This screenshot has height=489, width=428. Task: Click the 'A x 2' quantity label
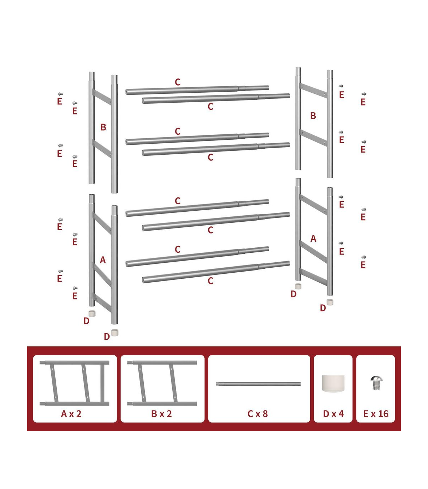(x=71, y=414)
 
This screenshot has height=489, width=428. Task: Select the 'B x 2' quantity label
(x=162, y=414)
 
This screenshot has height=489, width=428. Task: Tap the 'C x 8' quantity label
(x=258, y=414)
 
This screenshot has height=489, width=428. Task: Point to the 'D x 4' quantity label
(x=333, y=414)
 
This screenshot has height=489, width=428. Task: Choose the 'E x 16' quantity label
(x=376, y=414)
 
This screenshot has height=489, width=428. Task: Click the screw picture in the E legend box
(x=376, y=383)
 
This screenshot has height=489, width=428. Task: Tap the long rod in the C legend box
(x=258, y=384)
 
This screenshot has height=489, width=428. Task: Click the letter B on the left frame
(x=103, y=127)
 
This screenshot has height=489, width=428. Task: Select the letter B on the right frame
(x=313, y=116)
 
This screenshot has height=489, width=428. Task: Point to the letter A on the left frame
(x=103, y=260)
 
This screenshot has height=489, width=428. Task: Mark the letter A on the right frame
(x=313, y=238)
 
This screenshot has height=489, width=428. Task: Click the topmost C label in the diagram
(x=177, y=82)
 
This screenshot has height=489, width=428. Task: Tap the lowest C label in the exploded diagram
(x=210, y=281)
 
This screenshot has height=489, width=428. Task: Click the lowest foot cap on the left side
(x=114, y=333)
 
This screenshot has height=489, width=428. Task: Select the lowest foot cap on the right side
(x=330, y=302)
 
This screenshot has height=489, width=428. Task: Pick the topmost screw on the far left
(x=61, y=94)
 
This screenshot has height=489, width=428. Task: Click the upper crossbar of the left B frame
(x=102, y=97)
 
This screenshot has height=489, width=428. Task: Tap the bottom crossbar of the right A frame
(x=314, y=277)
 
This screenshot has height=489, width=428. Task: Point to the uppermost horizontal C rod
(x=197, y=90)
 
